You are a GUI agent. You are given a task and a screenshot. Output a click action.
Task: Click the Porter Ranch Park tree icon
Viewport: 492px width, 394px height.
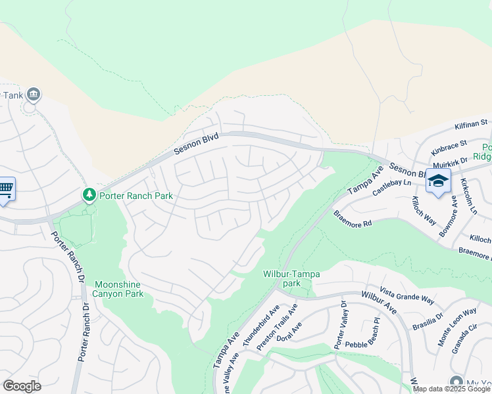(89, 195)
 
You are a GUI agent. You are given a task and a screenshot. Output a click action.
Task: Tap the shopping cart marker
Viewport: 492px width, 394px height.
(5, 189)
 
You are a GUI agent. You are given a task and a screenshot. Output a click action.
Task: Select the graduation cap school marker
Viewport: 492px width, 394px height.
(437, 181)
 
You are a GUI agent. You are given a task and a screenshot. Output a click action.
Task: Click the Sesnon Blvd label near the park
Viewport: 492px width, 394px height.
(195, 141)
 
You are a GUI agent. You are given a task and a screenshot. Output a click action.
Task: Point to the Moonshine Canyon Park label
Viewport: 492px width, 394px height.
(119, 289)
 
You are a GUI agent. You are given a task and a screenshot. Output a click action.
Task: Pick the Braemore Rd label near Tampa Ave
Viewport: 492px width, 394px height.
(353, 219)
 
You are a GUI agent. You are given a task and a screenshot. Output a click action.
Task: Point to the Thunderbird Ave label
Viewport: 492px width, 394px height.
(261, 325)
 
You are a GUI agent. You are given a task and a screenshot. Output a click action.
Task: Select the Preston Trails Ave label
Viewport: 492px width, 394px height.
(277, 327)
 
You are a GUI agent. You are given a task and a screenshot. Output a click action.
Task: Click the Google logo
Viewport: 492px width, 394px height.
(22, 386)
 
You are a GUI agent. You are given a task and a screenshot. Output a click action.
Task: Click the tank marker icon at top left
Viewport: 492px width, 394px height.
(34, 95)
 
